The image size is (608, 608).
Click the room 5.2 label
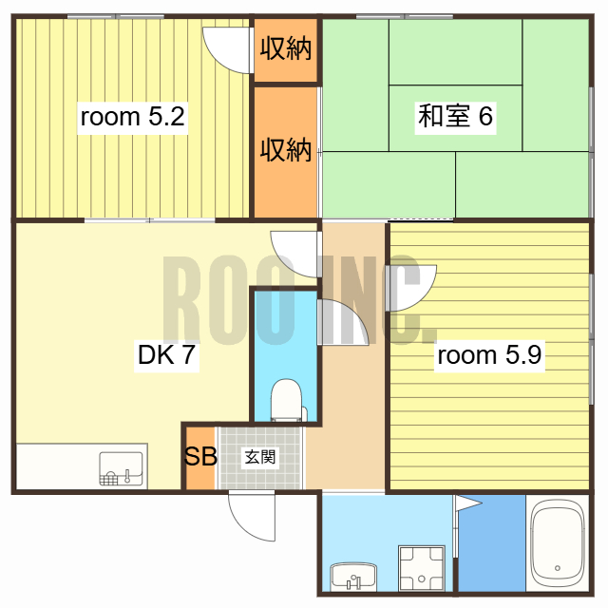pyautogui.click(x=132, y=118)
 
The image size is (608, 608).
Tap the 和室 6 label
pyautogui.click(x=455, y=118)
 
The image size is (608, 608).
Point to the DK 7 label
pyautogui.click(x=167, y=356)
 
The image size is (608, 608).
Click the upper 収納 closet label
pyautogui.click(x=286, y=48)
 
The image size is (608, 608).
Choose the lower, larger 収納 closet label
pyautogui.click(x=286, y=149)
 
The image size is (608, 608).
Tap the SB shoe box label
pyautogui.click(x=199, y=457)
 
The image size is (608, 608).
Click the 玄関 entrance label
pyautogui.click(x=261, y=457)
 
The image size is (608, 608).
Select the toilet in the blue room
pyautogui.click(x=285, y=399)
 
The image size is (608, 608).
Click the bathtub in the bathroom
pyautogui.click(x=557, y=544)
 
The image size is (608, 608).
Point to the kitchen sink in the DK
pyautogui.click(x=121, y=468)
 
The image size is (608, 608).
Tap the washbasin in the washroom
pyautogui.click(x=353, y=575)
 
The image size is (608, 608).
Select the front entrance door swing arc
pyautogui.click(x=249, y=518)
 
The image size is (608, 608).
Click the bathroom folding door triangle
pyautogui.click(x=466, y=505)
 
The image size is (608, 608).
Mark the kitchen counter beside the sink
pyautogui.click(x=57, y=466)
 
